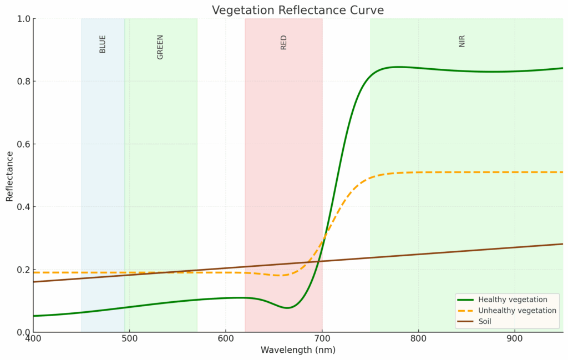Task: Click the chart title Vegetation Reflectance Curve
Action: click(x=298, y=10)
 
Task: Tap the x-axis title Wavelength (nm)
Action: click(x=298, y=350)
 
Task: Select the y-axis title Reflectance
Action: click(x=9, y=175)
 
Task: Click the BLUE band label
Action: click(x=103, y=44)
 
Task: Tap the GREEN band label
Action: click(x=160, y=47)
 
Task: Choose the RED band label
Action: click(x=284, y=43)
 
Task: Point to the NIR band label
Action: click(x=462, y=41)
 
